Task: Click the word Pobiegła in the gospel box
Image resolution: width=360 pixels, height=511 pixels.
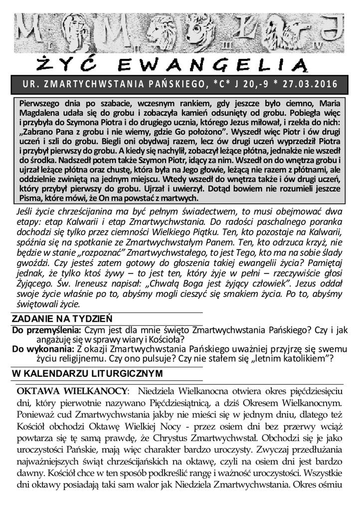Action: tap(313, 113)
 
